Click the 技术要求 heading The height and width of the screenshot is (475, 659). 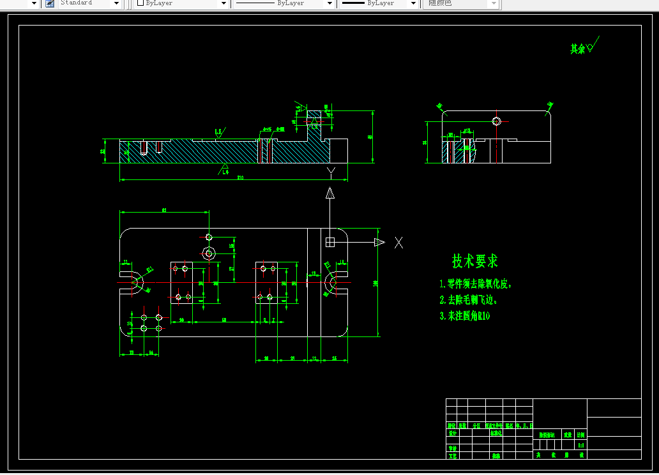[x=474, y=260]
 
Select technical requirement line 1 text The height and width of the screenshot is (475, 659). [x=476, y=283]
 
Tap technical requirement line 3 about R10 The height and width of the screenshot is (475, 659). [x=464, y=315]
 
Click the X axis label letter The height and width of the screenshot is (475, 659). [x=398, y=243]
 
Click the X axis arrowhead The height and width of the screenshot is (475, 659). [x=379, y=242]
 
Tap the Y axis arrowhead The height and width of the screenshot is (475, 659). [x=329, y=193]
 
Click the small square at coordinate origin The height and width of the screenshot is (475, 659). [x=329, y=242]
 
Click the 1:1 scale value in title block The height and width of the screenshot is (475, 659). [x=580, y=444]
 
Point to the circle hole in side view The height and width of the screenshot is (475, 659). [x=497, y=121]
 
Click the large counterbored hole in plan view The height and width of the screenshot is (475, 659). [x=208, y=253]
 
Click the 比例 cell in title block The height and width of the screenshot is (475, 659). [x=580, y=434]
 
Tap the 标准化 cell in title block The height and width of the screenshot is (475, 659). [x=496, y=433]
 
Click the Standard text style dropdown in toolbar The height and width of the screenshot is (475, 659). [x=89, y=4]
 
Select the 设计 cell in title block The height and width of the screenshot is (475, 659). [x=452, y=433]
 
